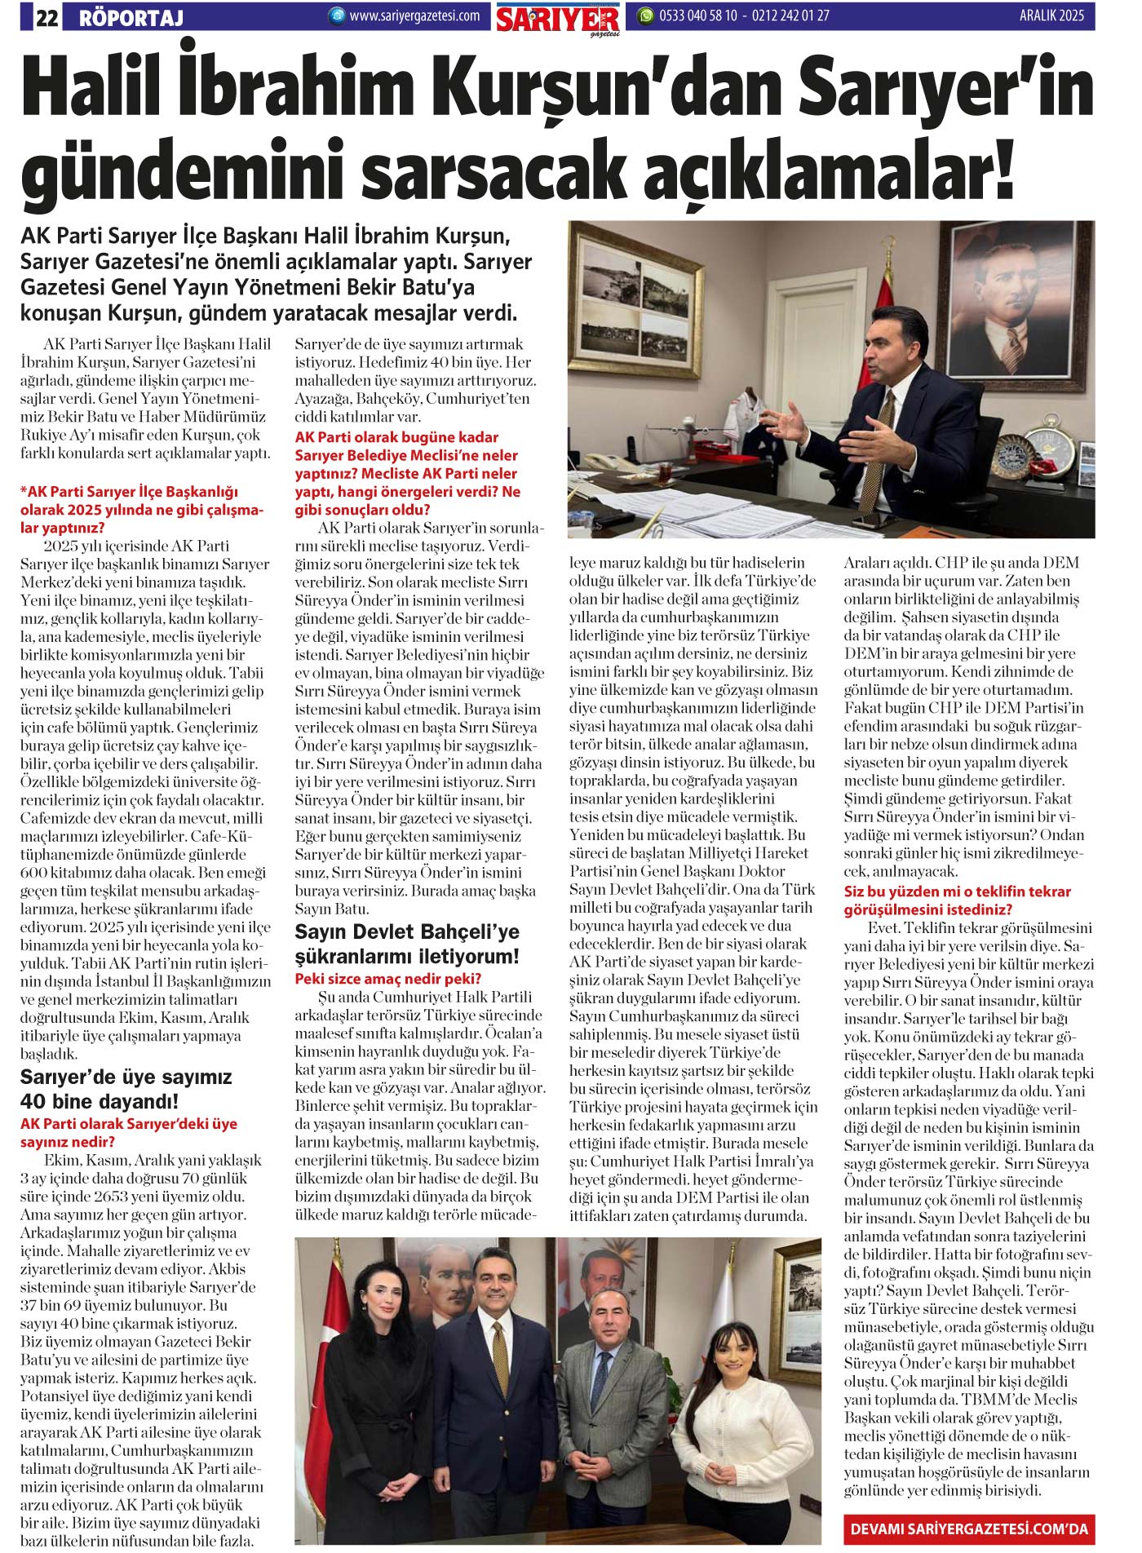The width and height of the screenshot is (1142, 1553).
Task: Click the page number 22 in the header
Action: point(46,16)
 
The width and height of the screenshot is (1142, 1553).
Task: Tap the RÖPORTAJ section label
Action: point(131,17)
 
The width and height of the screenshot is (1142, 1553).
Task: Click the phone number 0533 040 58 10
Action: point(697,15)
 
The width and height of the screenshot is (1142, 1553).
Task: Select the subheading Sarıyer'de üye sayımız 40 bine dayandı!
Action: point(126,1089)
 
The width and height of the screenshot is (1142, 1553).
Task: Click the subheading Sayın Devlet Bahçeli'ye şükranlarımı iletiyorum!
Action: point(407,944)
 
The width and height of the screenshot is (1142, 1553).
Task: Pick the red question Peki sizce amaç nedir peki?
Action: point(387,979)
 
